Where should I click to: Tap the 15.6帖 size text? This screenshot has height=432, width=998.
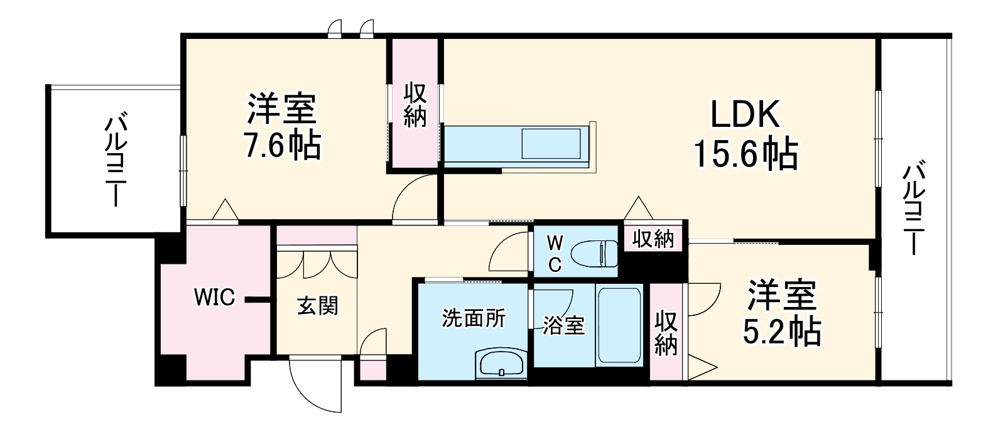click(745, 153)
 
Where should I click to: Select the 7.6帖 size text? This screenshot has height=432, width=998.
click(281, 146)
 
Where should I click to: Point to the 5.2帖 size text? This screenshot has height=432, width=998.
click(781, 332)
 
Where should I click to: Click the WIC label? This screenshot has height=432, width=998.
click(214, 297)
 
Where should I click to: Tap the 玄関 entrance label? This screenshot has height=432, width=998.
click(317, 306)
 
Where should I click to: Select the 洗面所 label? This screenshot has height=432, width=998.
click(473, 318)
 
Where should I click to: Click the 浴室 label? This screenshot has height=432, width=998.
click(563, 325)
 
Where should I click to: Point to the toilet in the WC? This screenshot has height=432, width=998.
click(594, 253)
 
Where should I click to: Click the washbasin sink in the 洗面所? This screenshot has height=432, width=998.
click(501, 364)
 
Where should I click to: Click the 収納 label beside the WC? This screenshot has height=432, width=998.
click(653, 239)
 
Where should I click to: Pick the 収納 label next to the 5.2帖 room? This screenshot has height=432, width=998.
click(666, 333)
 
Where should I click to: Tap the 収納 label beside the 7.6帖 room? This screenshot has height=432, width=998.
click(415, 105)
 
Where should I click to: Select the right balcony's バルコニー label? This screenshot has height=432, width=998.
click(914, 208)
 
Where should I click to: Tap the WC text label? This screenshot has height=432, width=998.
click(554, 252)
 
